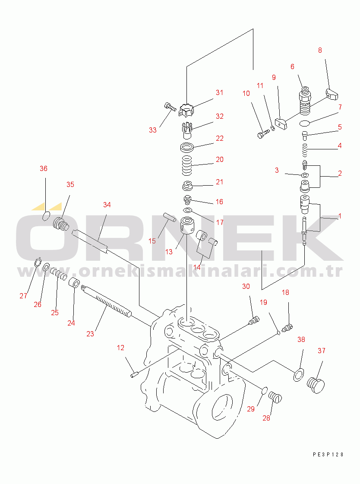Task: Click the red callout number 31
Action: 219,92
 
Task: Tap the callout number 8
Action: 320,51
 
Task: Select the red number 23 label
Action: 90,334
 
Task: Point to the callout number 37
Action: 322,351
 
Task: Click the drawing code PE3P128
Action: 328,454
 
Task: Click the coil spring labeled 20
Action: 186,165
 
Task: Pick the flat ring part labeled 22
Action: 186,147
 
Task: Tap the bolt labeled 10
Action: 263,134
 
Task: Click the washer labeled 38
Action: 298,374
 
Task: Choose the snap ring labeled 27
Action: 37,262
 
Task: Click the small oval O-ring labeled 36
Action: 46,216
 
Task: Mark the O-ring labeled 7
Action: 305,123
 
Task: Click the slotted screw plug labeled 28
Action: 275,397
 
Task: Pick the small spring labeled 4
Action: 305,150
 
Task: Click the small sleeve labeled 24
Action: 74,283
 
